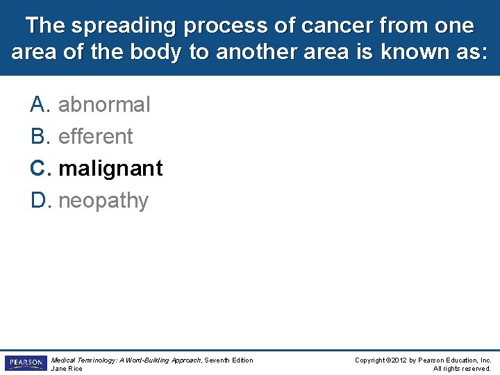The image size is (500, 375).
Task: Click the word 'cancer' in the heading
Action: coord(337,25)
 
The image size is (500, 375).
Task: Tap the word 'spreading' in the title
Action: coord(124,26)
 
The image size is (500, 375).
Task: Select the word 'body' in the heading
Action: coord(156,52)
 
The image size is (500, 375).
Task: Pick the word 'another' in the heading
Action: coord(256,51)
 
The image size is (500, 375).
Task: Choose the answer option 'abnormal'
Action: coord(104,104)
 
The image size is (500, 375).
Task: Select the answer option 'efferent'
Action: coord(95,136)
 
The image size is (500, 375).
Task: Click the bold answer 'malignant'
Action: coord(110,169)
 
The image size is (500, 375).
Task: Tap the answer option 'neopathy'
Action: coord(103,201)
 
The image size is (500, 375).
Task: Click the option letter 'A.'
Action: coord(40,104)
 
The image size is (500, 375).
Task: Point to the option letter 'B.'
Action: coord(40,136)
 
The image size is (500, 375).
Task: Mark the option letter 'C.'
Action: coord(40,168)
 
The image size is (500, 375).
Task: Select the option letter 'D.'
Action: coord(41,200)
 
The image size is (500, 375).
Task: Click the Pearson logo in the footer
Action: coord(26,363)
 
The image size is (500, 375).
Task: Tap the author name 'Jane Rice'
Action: coord(67,369)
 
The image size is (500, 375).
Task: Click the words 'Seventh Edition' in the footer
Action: coord(228,360)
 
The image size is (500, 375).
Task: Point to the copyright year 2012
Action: coord(399,360)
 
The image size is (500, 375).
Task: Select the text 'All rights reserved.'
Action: coord(462,369)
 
